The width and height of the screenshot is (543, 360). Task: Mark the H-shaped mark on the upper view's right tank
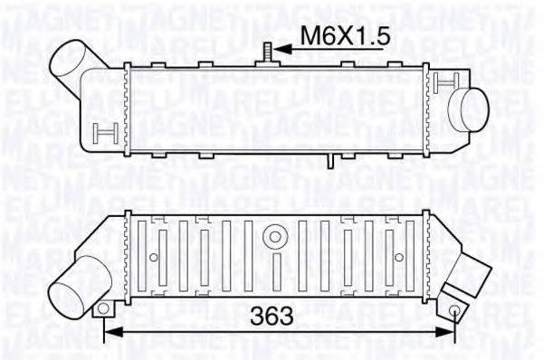tap(441, 82)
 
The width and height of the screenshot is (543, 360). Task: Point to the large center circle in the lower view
tap(273, 237)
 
